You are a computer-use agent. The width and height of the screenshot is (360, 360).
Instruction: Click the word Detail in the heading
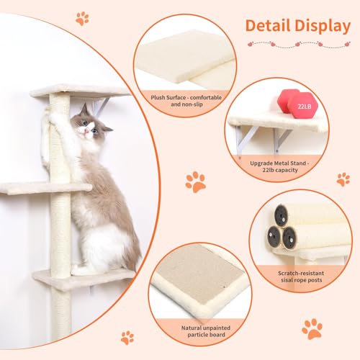(x=269, y=26)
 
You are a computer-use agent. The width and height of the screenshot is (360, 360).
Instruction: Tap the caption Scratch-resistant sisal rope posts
(x=302, y=278)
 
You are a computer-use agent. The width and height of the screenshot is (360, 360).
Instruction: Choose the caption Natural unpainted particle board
(x=194, y=332)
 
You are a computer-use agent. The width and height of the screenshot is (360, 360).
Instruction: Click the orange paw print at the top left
(x=83, y=18)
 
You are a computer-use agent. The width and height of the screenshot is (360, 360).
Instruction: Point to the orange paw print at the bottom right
(x=312, y=328)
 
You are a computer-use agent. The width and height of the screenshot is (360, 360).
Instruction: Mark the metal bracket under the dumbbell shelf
(x=245, y=138)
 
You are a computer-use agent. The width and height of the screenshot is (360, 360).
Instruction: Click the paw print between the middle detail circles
(x=195, y=181)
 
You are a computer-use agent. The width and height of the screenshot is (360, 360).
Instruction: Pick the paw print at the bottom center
(x=127, y=336)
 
